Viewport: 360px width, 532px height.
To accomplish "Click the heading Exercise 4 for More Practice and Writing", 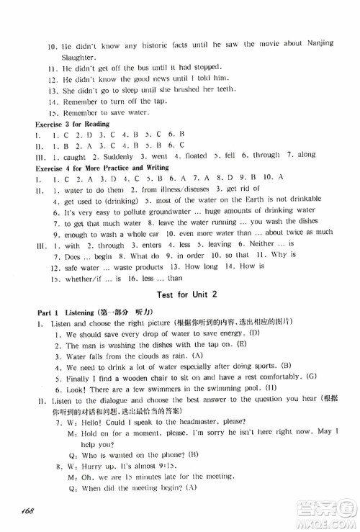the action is (x=102, y=167).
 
